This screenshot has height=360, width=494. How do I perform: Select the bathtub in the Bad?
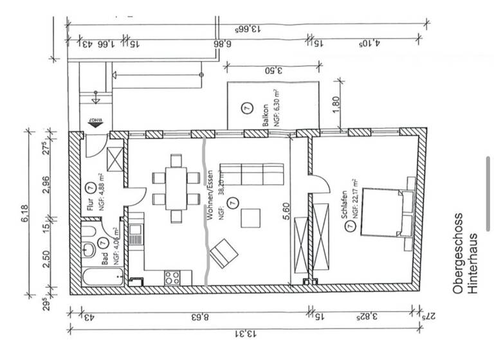point(103,278)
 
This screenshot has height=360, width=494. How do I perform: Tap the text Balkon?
point(264,116)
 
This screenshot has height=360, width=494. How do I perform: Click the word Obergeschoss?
point(457,254)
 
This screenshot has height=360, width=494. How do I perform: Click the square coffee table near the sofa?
point(251,219)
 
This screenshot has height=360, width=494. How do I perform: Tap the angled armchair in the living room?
point(223,253)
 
